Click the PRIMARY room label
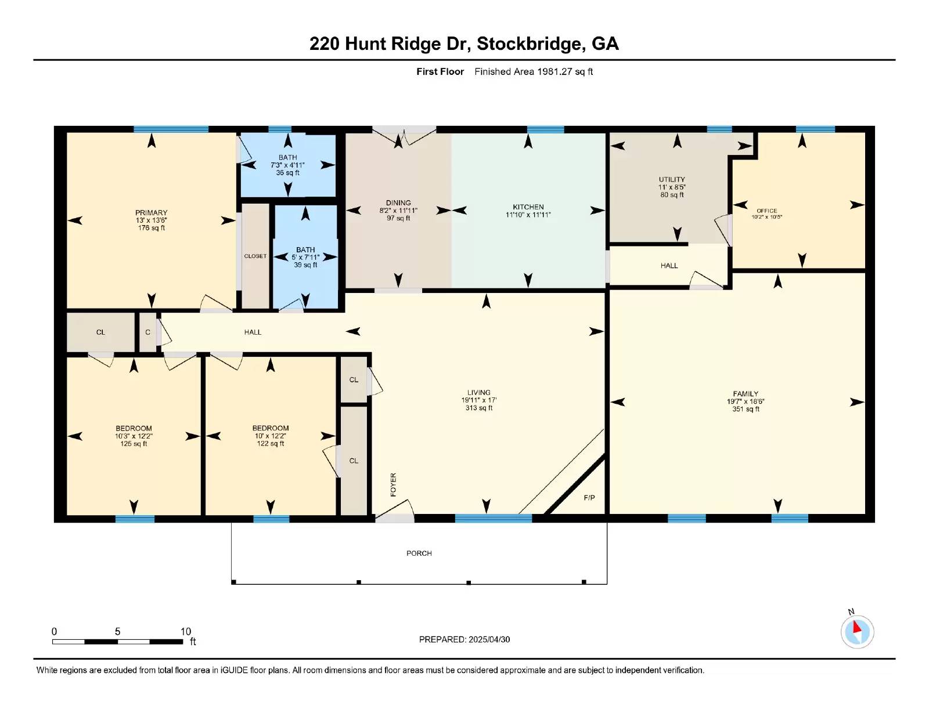click(x=151, y=213)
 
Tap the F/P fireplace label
click(x=589, y=498)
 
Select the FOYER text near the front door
click(x=393, y=485)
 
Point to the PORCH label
click(x=419, y=553)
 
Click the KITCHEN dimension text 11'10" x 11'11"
click(x=528, y=215)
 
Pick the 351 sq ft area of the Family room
click(x=746, y=409)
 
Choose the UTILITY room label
click(x=672, y=179)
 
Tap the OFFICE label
click(x=766, y=211)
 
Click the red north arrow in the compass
click(x=856, y=627)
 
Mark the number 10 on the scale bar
click(x=186, y=631)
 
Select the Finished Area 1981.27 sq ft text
click(x=534, y=72)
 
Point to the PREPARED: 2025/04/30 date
click(x=464, y=639)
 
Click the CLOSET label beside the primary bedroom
click(x=255, y=256)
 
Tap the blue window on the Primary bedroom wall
click(x=171, y=129)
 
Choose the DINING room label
click(x=398, y=203)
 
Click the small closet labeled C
click(x=147, y=332)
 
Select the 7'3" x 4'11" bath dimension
click(x=287, y=165)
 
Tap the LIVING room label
click(x=479, y=393)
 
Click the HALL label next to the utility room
click(x=669, y=266)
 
